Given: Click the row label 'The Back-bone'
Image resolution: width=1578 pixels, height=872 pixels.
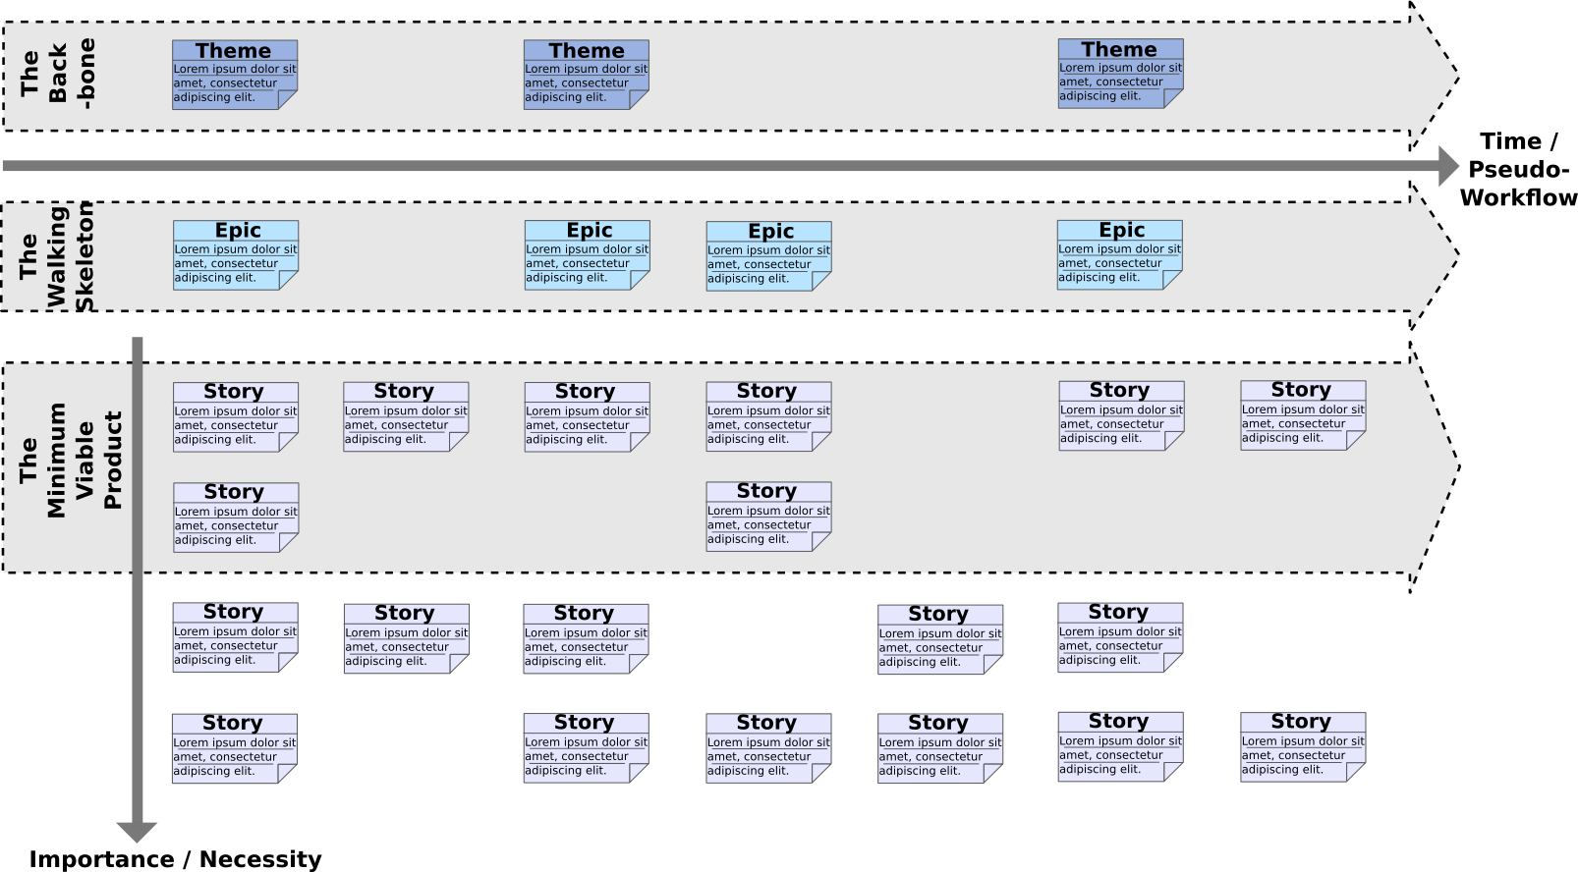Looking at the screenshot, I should click(58, 75).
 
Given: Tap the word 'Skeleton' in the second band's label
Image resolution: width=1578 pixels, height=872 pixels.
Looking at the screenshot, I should click(85, 257).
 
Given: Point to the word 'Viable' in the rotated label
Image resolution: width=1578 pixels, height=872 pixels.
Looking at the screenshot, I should click(85, 461).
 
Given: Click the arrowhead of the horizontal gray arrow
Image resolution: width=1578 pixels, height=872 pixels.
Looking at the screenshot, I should click(1449, 166).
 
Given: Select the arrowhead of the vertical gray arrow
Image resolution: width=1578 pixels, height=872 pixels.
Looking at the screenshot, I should click(137, 832).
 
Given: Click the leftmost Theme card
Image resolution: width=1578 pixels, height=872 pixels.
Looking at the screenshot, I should click(235, 75).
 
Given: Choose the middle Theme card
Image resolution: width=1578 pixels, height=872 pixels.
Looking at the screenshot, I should click(587, 75).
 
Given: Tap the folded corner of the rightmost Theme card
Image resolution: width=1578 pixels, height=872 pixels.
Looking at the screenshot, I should click(1173, 98).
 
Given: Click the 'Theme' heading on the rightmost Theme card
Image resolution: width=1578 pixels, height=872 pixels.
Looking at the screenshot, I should click(1119, 49).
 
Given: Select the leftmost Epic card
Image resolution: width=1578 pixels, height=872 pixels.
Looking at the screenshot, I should click(236, 255).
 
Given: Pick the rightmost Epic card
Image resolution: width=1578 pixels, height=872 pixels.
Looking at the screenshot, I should click(1120, 254).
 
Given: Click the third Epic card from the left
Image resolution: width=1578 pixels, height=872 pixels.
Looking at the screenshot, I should click(769, 256).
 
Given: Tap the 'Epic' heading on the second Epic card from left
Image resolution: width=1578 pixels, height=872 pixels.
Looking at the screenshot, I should click(589, 231).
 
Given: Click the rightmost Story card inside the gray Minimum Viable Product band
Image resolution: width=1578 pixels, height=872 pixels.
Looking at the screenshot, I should click(1303, 415).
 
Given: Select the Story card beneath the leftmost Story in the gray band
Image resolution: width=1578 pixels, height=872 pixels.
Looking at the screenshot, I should click(236, 518).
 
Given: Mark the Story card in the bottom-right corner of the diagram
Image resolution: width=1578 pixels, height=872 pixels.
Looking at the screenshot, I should click(1303, 747).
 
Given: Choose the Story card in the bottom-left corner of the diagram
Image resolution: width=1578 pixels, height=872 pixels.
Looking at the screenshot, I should click(235, 748).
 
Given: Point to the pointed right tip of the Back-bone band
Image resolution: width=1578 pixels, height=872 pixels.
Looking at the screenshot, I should click(1457, 75).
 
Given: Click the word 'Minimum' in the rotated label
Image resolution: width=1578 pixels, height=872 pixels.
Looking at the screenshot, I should click(56, 461).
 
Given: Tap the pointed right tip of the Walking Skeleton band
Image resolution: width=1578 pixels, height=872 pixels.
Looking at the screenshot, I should click(1457, 256).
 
